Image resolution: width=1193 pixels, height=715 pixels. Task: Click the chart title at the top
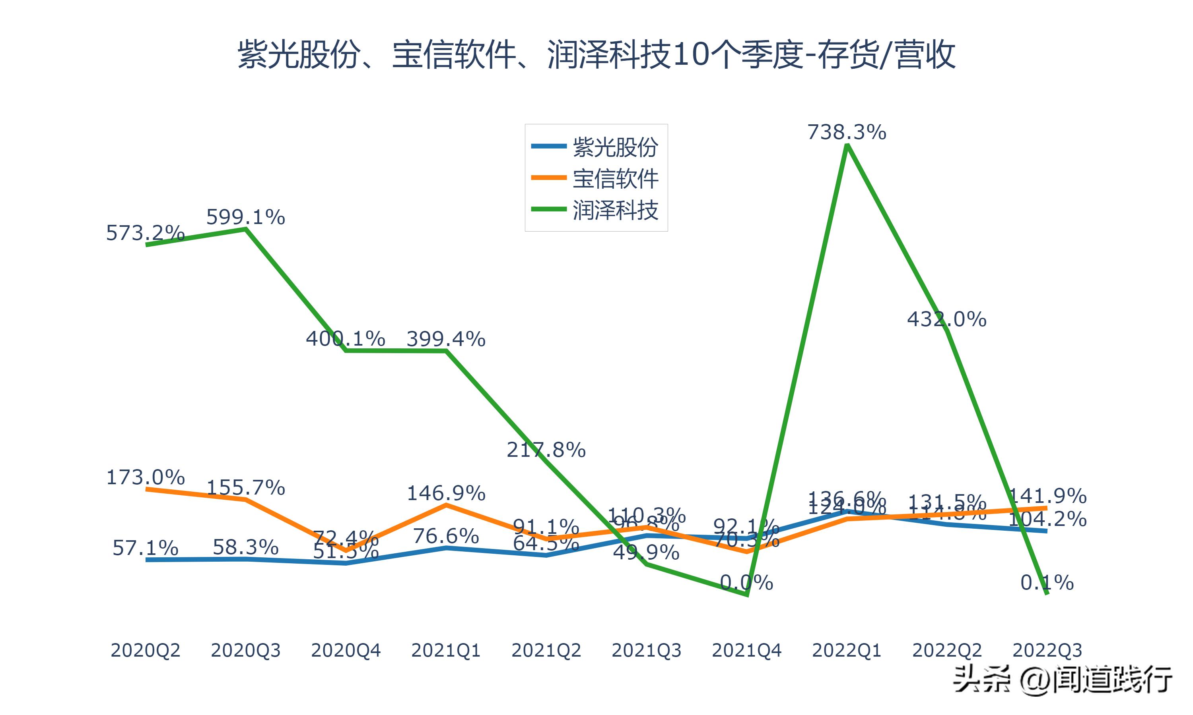pos(596,54)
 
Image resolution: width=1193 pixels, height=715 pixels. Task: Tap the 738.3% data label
pos(847,132)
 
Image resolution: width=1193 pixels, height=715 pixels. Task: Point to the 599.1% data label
pos(245,217)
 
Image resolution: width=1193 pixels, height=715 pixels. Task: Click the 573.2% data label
pos(145,233)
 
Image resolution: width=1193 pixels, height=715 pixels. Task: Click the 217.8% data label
pos(546,450)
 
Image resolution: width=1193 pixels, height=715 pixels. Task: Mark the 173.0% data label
pos(145,477)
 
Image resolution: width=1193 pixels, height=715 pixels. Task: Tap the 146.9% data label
pos(446,493)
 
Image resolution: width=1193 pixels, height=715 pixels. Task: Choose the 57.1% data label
pos(145,548)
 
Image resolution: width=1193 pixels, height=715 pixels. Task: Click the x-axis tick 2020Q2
pos(145,650)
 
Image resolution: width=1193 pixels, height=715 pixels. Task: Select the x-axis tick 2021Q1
pos(446,650)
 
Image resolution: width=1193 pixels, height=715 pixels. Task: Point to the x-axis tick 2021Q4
pos(746,650)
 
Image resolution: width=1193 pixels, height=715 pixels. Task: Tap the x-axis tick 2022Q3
pos(1047,650)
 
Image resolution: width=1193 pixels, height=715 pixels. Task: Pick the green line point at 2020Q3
pos(246,229)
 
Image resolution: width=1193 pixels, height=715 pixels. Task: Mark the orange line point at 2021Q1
pos(447,504)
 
